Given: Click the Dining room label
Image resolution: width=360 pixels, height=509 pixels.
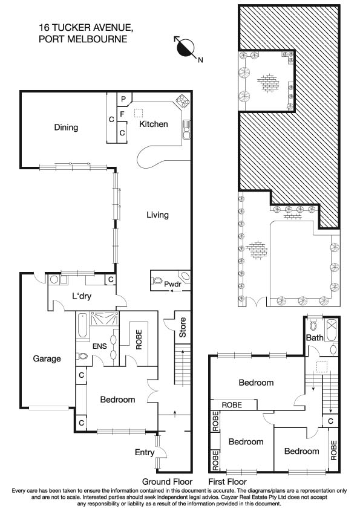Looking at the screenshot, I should coord(66,128).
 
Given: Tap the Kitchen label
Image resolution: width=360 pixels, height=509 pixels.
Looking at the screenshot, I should coord(154,124).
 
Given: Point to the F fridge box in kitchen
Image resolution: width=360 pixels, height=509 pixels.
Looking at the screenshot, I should coord(122,114).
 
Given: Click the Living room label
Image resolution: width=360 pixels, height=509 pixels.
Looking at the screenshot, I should coord(157,215).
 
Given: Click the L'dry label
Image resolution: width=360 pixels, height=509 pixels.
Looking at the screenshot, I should coord(82,297).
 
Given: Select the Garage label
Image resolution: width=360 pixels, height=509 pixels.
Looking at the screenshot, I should coord(47,358).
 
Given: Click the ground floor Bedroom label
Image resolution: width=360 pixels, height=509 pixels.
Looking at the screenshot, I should coord(117,400).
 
